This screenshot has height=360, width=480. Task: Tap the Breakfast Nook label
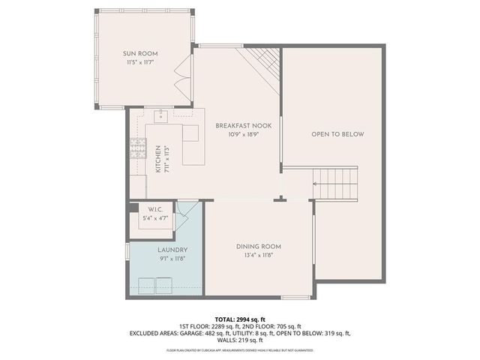tap(243, 125)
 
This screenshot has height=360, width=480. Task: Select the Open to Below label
tap(337, 134)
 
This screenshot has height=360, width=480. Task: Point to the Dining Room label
tap(258, 247)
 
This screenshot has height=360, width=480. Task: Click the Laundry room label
tap(172, 250)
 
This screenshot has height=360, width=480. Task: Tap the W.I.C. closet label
tap(156, 209)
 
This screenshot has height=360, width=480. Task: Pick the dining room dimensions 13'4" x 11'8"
tap(258, 256)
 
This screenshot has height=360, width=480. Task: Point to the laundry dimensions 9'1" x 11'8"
tap(172, 259)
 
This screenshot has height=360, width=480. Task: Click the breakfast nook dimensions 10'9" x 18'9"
tap(243, 134)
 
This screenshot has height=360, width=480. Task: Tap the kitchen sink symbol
tap(161, 116)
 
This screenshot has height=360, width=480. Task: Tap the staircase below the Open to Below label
tap(335, 179)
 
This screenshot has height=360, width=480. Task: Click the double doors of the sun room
tap(181, 76)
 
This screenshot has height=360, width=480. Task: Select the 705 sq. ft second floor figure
tap(289, 326)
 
